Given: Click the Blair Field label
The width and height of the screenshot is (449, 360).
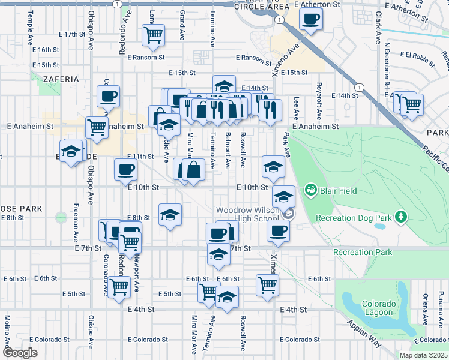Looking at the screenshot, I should (x=339, y=191).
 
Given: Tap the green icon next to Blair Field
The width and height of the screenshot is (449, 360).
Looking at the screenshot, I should (x=310, y=191).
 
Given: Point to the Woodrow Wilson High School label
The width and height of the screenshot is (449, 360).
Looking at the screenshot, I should (x=248, y=214).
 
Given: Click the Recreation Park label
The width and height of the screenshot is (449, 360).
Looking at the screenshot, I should (x=363, y=252).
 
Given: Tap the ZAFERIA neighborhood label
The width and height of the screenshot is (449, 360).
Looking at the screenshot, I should (x=60, y=79).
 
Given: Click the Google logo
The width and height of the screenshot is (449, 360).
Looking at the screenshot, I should (x=20, y=353).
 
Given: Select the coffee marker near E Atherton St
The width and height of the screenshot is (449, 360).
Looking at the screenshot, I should (x=310, y=19).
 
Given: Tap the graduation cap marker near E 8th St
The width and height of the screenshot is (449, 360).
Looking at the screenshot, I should (x=170, y=215).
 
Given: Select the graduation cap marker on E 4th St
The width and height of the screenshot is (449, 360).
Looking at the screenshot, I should (x=227, y=297).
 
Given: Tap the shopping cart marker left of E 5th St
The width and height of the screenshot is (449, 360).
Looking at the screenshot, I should (x=119, y=287).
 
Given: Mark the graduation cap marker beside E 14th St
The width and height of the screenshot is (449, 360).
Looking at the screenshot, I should (x=224, y=86).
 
